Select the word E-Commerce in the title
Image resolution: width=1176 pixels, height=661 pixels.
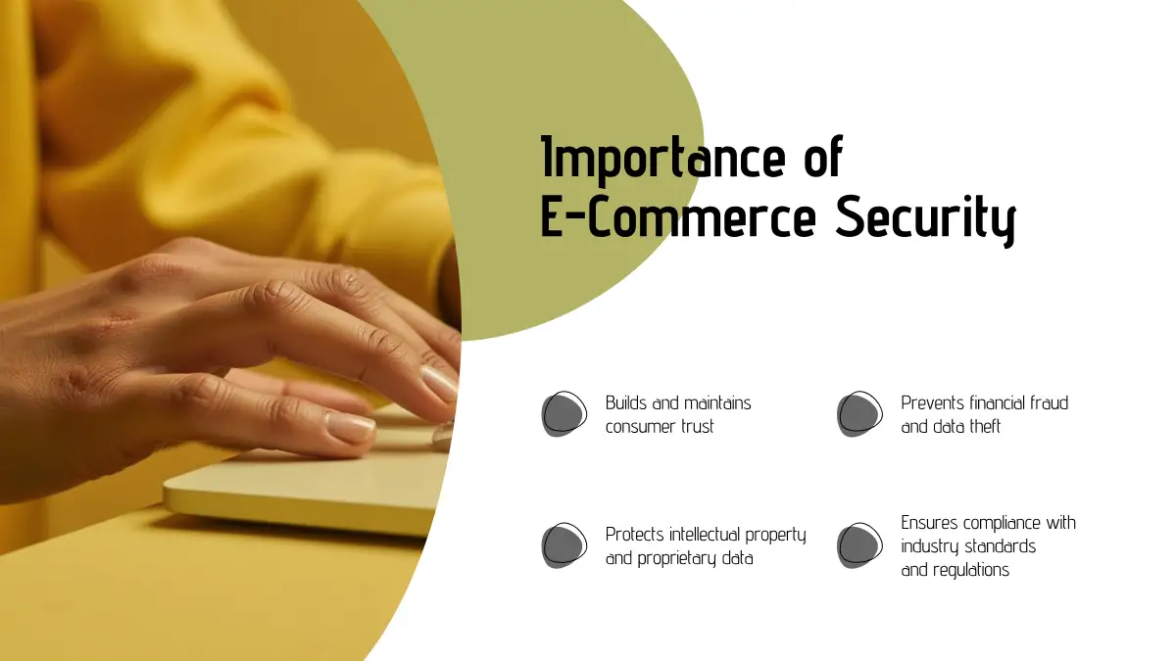click(x=678, y=216)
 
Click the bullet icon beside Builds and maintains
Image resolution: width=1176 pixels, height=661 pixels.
click(x=564, y=414)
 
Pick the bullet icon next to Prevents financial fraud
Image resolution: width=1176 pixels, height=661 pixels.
click(x=860, y=414)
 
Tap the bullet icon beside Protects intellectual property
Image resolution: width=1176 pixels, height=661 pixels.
click(x=564, y=545)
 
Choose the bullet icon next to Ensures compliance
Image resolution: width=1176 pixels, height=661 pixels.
click(x=860, y=545)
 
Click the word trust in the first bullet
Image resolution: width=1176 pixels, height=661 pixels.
click(x=697, y=427)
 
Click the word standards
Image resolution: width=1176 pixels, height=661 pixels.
click(x=1003, y=546)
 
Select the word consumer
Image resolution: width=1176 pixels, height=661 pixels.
click(x=641, y=427)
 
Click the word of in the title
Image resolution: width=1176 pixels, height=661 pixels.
click(x=823, y=158)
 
